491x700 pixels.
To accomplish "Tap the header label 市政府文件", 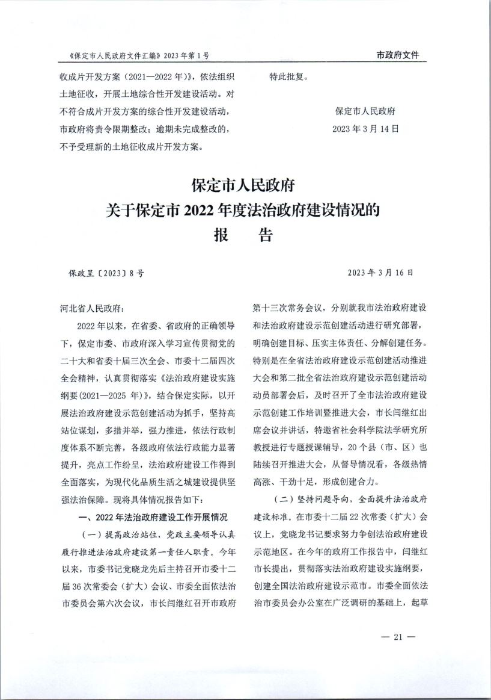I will [397, 55].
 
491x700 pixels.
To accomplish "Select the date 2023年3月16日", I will [380, 273].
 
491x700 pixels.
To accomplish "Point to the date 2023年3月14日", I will [365, 128].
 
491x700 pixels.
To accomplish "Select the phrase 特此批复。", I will [289, 77].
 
